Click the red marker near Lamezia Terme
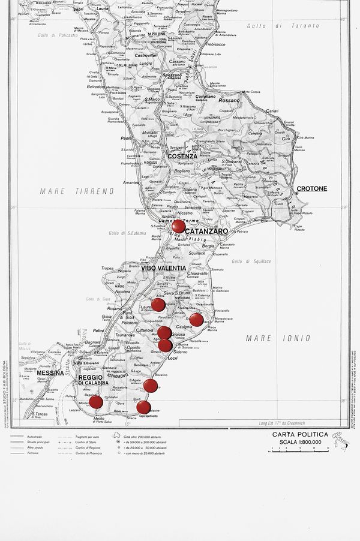click(x=178, y=226)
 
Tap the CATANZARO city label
click(x=207, y=231)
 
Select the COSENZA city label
click(x=182, y=156)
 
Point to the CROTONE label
click(x=312, y=188)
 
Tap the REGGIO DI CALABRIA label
click(x=93, y=379)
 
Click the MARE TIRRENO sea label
click(x=76, y=191)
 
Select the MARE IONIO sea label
click(x=268, y=338)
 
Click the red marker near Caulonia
click(x=196, y=319)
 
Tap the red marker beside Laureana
click(x=158, y=305)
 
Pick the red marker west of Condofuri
click(x=96, y=402)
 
